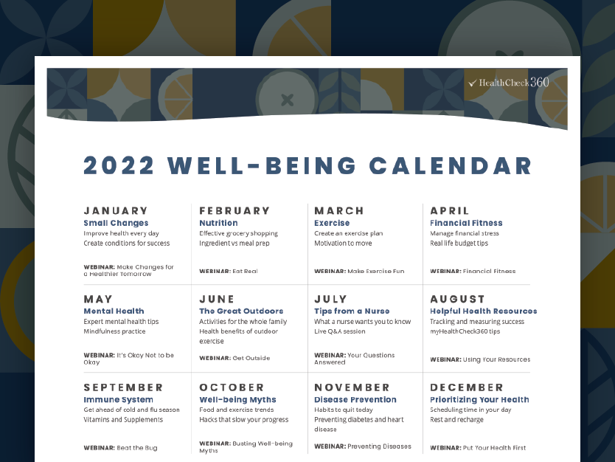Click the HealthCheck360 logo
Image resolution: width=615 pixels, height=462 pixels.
click(x=508, y=83)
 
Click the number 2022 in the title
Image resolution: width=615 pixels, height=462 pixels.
click(x=118, y=165)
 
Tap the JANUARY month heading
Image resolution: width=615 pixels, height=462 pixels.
click(x=116, y=211)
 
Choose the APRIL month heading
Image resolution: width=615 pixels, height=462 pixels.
click(x=450, y=211)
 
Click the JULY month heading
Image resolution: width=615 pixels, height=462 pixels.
click(x=330, y=299)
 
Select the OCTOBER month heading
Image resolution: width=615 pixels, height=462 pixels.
click(x=232, y=387)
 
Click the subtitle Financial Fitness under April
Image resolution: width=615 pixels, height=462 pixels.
click(x=466, y=223)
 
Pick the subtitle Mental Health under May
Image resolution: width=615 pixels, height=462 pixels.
click(x=114, y=311)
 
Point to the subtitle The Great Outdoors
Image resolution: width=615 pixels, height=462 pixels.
click(x=241, y=311)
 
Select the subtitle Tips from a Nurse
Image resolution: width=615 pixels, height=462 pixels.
click(x=352, y=311)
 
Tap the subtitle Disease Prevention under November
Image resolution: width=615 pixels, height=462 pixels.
click(x=355, y=400)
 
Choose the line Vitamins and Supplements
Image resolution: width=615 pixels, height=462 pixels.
click(x=123, y=420)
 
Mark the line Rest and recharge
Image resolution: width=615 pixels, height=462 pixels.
click(x=457, y=420)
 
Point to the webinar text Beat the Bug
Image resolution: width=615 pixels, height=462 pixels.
click(x=136, y=448)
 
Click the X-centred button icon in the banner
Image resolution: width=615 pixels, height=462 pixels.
click(x=287, y=99)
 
